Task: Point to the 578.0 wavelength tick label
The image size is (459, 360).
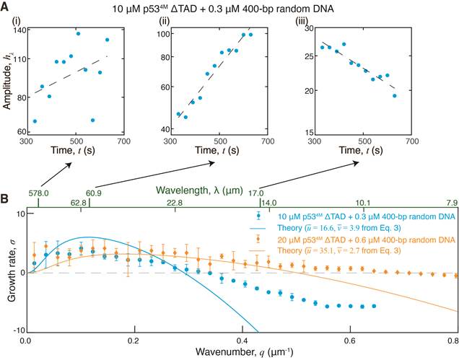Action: (38, 193)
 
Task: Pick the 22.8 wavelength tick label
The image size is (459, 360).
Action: (175, 203)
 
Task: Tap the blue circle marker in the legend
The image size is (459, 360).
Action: (258, 215)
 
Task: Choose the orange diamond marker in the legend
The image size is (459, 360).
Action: (258, 240)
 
